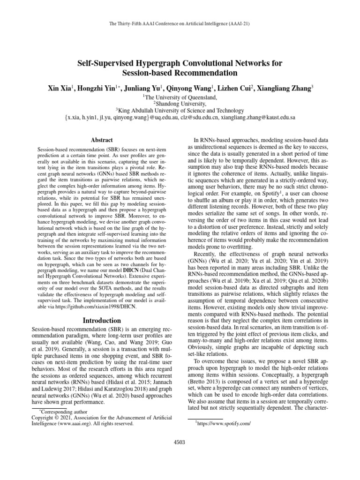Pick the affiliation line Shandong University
click(x=180, y=104)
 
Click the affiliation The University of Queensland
click(x=180, y=97)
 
